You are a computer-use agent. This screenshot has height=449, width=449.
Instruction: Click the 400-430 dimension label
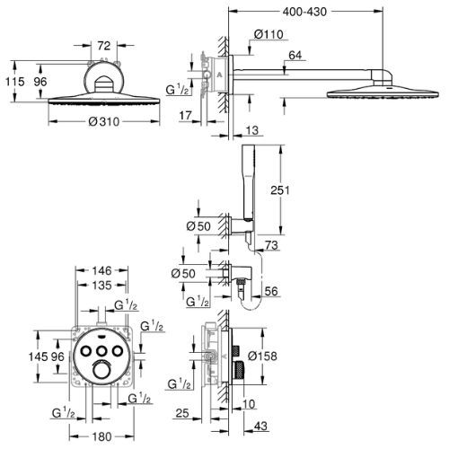pyautogui.click(x=304, y=12)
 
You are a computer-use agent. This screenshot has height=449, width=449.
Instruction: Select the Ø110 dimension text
pyautogui.click(x=269, y=34)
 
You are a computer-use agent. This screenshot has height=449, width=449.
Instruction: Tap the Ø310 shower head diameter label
pyautogui.click(x=104, y=121)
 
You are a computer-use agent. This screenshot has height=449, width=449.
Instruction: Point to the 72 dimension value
pyautogui.click(x=104, y=46)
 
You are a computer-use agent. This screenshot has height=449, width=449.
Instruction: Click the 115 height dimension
pyautogui.click(x=15, y=82)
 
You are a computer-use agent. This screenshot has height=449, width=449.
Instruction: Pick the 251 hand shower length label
pyautogui.click(x=280, y=189)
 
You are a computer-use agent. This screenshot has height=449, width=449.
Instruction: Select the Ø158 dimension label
pyautogui.click(x=262, y=356)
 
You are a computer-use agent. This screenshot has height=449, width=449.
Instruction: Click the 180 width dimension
pyautogui.click(x=101, y=436)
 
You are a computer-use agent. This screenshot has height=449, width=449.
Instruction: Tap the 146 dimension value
pyautogui.click(x=101, y=270)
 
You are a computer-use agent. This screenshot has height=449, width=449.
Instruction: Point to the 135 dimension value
pyautogui.click(x=101, y=286)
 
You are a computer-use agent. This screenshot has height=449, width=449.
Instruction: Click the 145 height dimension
pyautogui.click(x=38, y=357)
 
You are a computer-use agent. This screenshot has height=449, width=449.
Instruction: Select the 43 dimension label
pyautogui.click(x=260, y=426)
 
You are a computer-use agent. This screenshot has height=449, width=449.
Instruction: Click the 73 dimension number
pyautogui.click(x=271, y=245)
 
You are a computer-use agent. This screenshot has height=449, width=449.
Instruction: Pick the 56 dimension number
pyautogui.click(x=271, y=291)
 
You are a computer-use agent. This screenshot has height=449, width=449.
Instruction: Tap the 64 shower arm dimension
pyautogui.click(x=295, y=56)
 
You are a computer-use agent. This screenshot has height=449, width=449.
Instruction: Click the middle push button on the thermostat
pyautogui.click(x=102, y=350)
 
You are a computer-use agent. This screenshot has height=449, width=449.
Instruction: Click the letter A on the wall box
pyautogui.click(x=219, y=75)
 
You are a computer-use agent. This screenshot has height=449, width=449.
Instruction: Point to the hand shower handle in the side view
pyautogui.click(x=249, y=182)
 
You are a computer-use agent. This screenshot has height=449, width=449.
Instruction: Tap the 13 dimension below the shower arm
pyautogui.click(x=252, y=130)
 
